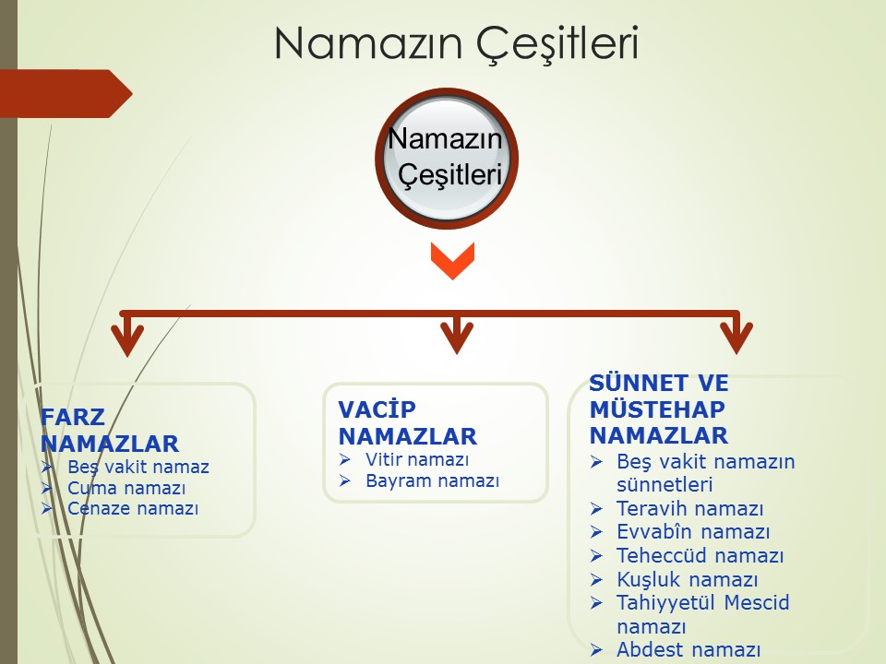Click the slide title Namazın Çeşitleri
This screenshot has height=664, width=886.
point(457,43)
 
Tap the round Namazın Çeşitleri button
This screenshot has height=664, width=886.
point(447,158)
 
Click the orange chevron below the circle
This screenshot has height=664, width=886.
point(452,260)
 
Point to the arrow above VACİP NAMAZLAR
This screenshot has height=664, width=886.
point(457,333)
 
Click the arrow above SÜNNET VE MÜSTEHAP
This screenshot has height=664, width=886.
point(736,333)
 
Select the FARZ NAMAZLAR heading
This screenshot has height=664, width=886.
point(110,431)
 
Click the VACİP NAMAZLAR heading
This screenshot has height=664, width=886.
point(407,423)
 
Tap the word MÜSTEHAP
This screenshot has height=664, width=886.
point(657,409)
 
